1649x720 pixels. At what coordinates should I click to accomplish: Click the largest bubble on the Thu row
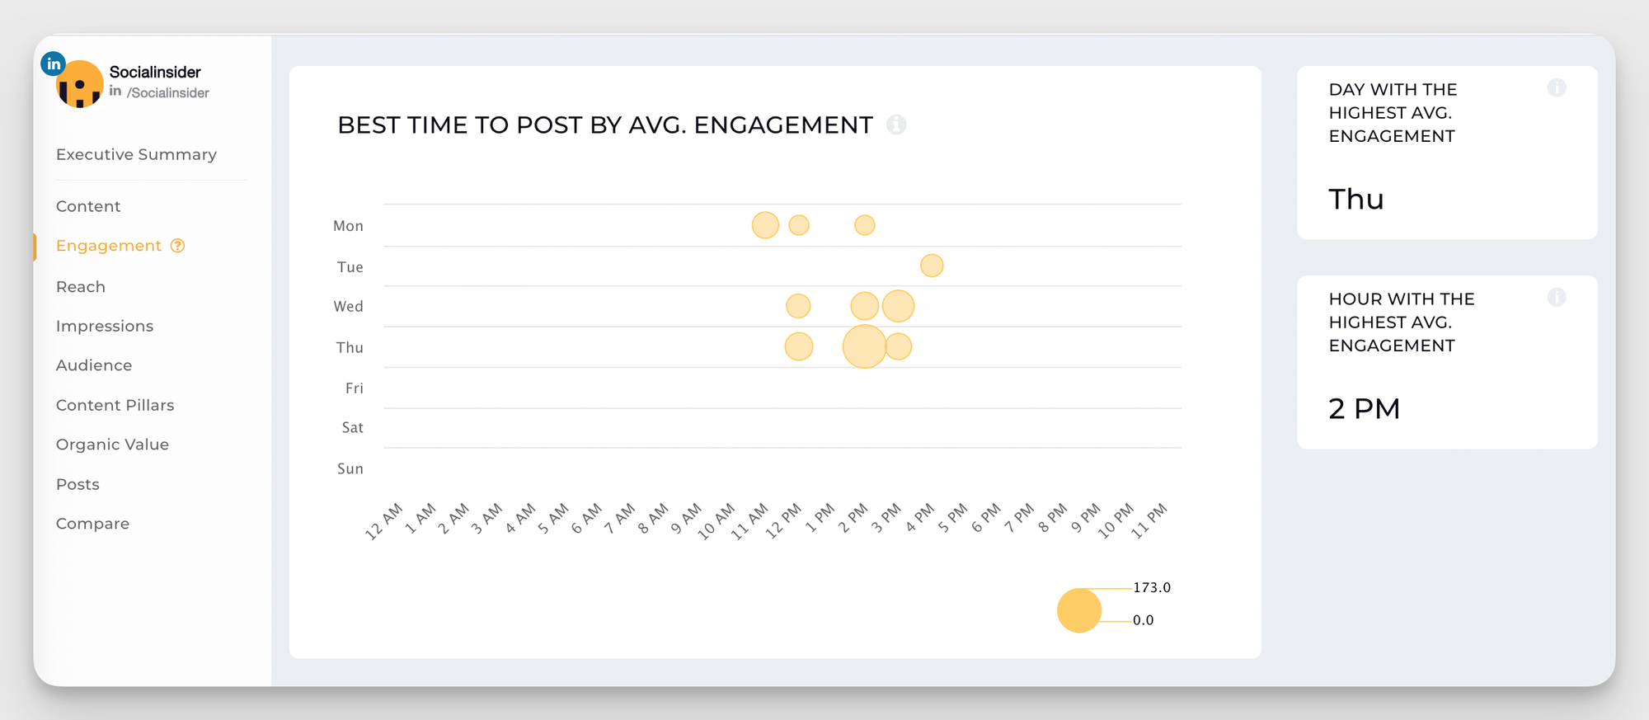tap(864, 346)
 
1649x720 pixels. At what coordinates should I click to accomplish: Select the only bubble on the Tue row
tap(932, 266)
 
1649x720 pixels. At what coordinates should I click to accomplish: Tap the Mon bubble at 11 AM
tap(765, 225)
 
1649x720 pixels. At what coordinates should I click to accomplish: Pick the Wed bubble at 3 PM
tap(898, 306)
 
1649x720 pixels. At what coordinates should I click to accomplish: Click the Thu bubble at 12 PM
tap(798, 346)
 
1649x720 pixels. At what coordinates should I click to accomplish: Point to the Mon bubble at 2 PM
tap(864, 225)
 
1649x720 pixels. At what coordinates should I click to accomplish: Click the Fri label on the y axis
tap(355, 388)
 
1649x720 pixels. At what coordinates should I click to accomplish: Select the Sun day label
tap(350, 469)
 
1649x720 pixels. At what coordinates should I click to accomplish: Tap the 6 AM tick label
tap(586, 519)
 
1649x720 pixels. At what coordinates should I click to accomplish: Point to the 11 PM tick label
tap(1149, 521)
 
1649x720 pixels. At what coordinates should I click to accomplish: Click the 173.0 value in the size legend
tap(1152, 588)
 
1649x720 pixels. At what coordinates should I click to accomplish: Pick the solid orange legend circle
tap(1079, 610)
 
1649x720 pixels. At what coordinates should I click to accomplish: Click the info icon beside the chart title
tap(896, 125)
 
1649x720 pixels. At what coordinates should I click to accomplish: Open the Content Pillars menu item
tap(115, 405)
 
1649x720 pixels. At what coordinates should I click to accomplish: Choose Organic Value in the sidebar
tap(112, 445)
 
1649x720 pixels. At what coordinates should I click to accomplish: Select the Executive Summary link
tap(136, 154)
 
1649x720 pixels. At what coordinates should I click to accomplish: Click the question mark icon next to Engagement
tap(177, 246)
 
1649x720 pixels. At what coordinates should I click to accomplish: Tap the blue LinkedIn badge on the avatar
tap(53, 64)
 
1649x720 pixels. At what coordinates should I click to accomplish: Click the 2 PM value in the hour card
tap(1364, 409)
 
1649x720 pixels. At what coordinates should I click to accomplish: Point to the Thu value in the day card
tap(1355, 200)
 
